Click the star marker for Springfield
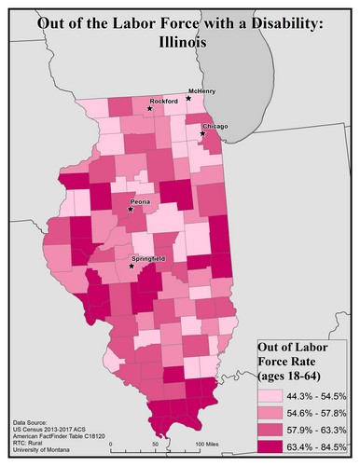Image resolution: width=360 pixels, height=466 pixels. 132,266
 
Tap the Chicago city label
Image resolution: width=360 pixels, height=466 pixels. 215,126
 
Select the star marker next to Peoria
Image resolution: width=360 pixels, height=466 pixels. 130,209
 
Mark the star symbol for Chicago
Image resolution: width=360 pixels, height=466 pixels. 202,134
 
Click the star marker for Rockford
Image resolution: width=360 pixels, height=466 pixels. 150,109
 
